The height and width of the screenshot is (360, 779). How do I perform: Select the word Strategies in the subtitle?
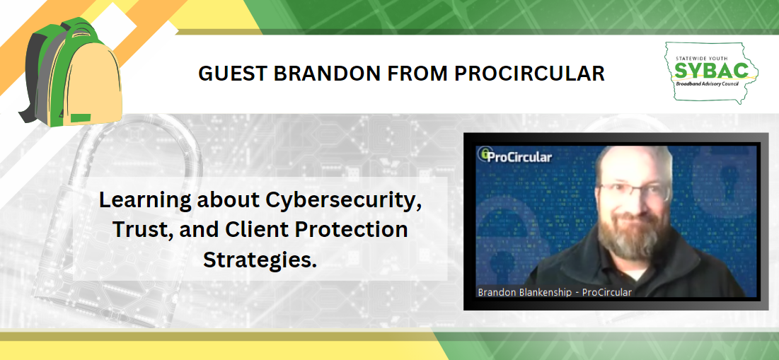pos(260,260)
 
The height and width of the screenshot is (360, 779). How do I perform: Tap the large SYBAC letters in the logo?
pos(710,70)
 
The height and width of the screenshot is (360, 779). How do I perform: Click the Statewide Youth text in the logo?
pos(710,54)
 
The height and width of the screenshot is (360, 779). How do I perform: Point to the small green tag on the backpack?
pos(81,117)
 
